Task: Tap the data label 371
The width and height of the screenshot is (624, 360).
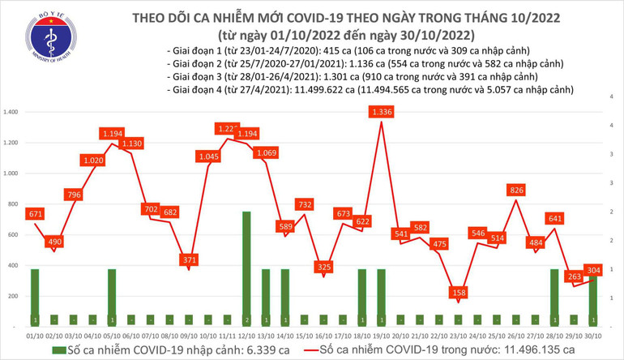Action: pyautogui.click(x=189, y=259)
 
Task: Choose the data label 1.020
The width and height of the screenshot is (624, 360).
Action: pyautogui.click(x=92, y=161)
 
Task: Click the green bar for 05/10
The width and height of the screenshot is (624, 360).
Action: pyautogui.click(x=112, y=296)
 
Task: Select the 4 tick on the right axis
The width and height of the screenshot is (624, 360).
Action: pyautogui.click(x=610, y=96)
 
